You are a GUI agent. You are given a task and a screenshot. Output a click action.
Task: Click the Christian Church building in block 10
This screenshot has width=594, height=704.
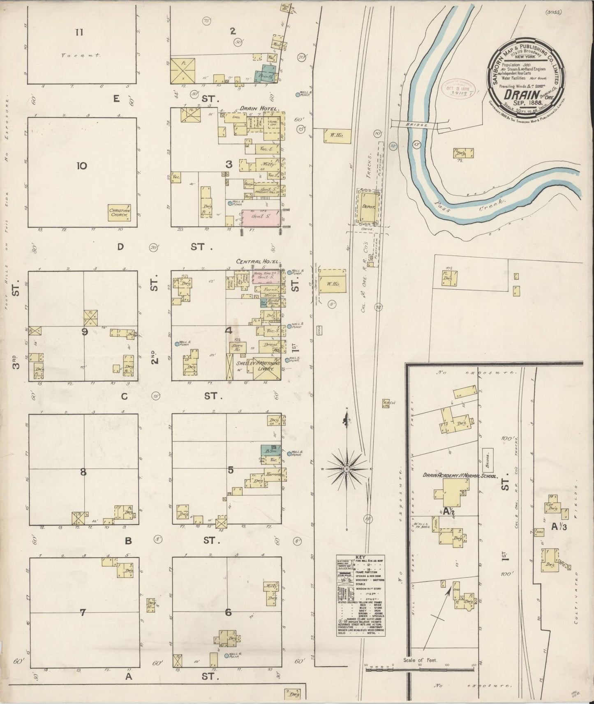pos(120,212)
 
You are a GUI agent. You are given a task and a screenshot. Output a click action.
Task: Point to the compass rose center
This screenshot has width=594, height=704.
pos(347,469)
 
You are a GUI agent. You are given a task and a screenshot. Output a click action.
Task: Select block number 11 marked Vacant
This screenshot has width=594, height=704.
pos(79,32)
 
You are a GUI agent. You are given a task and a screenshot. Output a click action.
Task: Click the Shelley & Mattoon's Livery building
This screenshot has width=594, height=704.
pos(257,366)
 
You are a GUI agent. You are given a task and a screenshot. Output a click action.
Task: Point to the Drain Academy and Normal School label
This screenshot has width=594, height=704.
pos(460,476)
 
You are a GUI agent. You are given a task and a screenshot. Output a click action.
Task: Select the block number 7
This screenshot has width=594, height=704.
pos(83,613)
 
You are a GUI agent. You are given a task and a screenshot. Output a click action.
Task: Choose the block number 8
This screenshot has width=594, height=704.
pos(83,472)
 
